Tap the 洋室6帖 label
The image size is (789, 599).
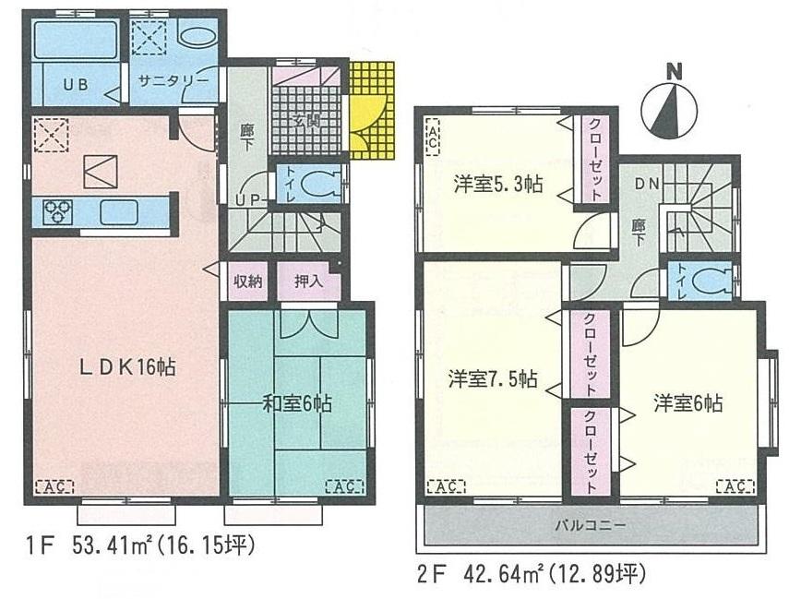pos(688,402)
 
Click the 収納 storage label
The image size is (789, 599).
pos(248,282)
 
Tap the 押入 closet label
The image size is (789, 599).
pos(307,282)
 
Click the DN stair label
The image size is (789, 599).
pos(646,184)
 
